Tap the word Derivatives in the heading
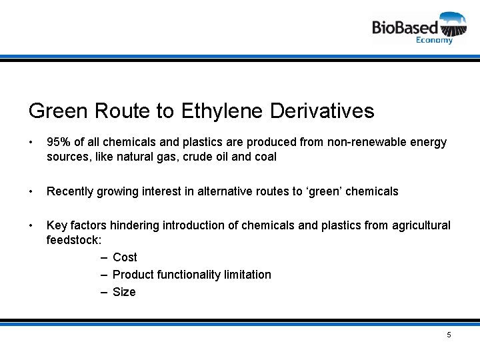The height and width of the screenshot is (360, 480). (x=322, y=111)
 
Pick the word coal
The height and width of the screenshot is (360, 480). (x=264, y=157)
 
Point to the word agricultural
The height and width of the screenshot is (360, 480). (x=419, y=225)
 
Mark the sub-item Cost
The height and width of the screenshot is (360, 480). (x=125, y=257)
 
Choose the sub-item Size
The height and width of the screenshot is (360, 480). (x=124, y=292)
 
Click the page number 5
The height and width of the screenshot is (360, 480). (x=449, y=335)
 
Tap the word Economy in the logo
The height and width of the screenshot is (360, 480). (x=434, y=40)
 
